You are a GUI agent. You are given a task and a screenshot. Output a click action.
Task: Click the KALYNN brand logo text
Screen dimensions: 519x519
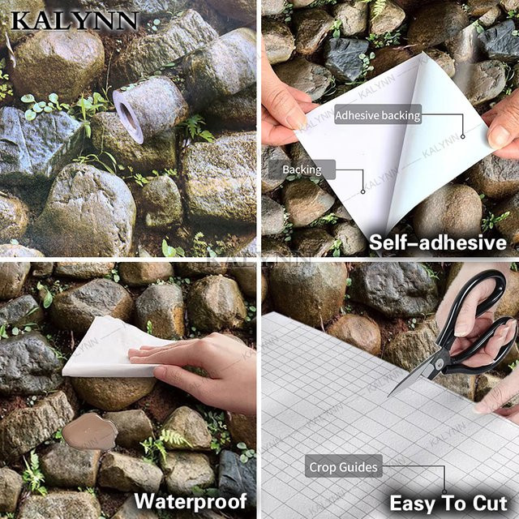pyautogui.click(x=74, y=21)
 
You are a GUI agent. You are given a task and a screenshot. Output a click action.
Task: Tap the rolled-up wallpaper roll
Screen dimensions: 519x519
pyautogui.click(x=149, y=109)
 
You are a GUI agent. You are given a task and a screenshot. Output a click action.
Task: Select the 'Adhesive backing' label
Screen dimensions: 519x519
pyautogui.click(x=378, y=115)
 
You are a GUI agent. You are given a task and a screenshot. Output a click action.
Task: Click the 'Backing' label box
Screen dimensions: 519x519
pyautogui.click(x=302, y=169)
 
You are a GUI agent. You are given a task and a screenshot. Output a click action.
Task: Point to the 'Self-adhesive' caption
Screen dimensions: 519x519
pyautogui.click(x=438, y=242)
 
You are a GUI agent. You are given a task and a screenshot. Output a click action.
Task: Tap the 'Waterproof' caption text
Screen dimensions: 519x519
pyautogui.click(x=191, y=501)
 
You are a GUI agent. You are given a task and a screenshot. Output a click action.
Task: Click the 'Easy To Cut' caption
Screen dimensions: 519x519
pyautogui.click(x=448, y=503)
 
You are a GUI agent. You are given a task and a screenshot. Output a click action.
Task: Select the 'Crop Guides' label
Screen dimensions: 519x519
pyautogui.click(x=343, y=467)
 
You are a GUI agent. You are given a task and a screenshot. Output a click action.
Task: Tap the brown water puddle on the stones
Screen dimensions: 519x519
pyautogui.click(x=90, y=431)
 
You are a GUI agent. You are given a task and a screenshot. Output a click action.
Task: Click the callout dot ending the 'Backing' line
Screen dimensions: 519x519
pyautogui.click(x=362, y=191)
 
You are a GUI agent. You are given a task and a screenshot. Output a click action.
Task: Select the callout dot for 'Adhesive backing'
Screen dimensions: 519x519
pyautogui.click(x=463, y=136)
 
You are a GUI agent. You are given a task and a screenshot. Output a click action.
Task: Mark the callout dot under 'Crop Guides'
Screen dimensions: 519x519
pyautogui.click(x=444, y=492)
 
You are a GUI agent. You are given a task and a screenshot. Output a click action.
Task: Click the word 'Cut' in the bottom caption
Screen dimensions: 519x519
pyautogui.click(x=490, y=503)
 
